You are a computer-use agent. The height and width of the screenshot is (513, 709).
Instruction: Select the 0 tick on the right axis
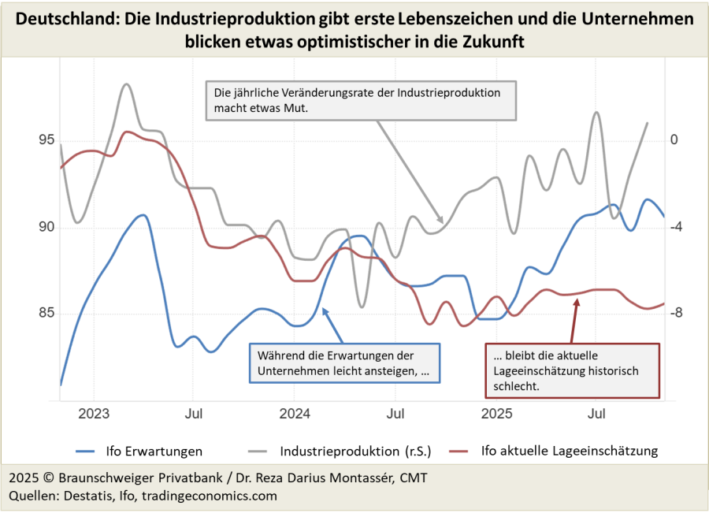[674, 140]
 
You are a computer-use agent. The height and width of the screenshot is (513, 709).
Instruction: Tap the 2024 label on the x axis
[295, 413]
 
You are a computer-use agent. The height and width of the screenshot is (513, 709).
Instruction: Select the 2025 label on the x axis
[497, 413]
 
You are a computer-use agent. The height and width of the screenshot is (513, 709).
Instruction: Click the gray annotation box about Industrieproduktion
[361, 100]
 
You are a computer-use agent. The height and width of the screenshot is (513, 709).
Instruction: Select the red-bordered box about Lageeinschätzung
[570, 370]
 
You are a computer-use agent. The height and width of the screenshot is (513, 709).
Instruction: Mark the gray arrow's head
[442, 221]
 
